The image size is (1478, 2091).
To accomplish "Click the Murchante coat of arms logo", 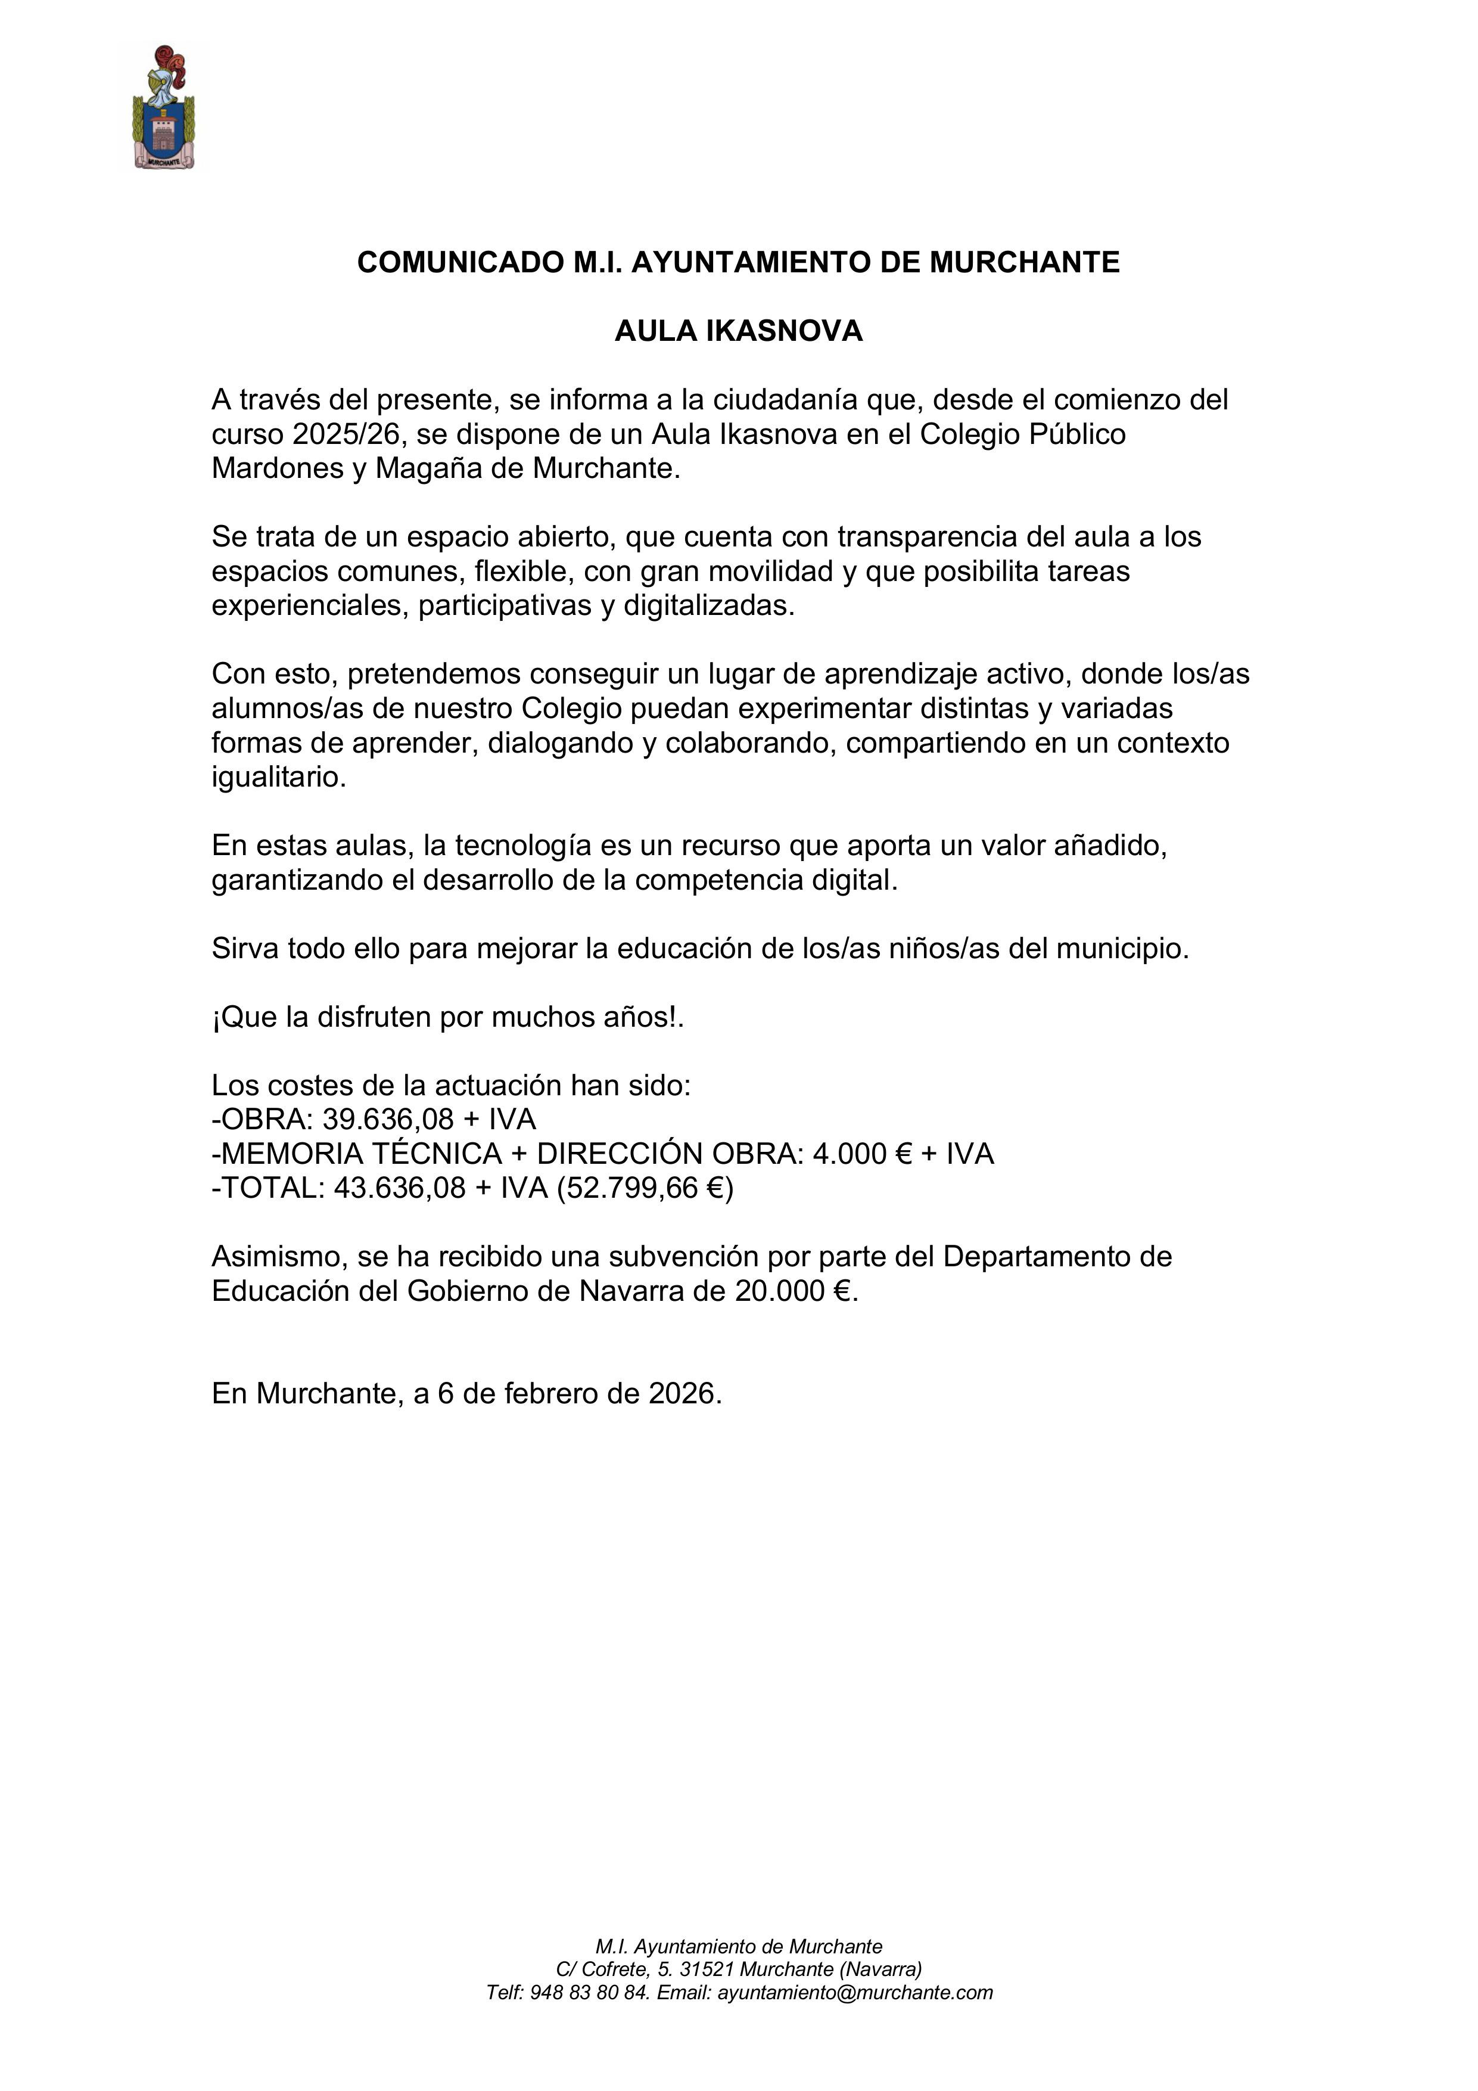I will (x=164, y=109).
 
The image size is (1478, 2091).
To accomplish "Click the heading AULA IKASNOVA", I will (x=739, y=331).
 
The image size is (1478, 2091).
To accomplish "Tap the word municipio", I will (x=1122, y=949).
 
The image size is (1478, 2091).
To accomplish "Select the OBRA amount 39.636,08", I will (x=388, y=1119).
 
